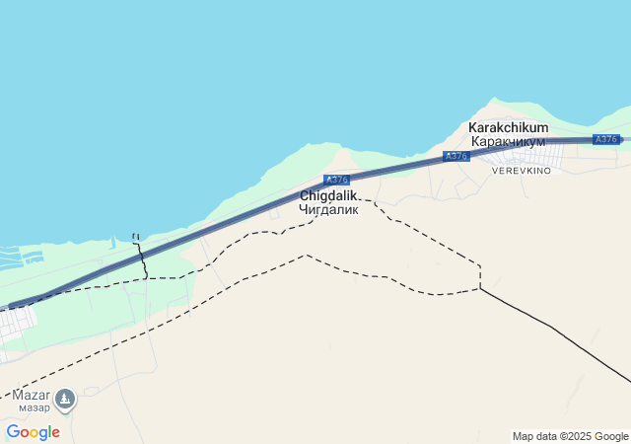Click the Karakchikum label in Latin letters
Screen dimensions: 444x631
[508, 127]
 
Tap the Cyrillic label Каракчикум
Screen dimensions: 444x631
[508, 142]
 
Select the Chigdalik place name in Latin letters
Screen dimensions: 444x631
[328, 195]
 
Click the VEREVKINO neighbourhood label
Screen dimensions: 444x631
[522, 171]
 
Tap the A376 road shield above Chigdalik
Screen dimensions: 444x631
[336, 180]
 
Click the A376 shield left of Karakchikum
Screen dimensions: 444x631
[455, 156]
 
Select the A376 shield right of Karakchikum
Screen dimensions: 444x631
[605, 139]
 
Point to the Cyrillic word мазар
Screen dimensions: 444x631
[34, 407]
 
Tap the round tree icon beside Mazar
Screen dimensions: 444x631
[65, 399]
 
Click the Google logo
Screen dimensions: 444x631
[33, 432]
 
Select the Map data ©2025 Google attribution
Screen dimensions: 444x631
[570, 436]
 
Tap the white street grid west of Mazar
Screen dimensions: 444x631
[15, 325]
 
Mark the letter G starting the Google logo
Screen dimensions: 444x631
[13, 432]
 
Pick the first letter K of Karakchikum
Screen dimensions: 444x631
[473, 127]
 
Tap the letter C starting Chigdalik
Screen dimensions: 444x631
[305, 195]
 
